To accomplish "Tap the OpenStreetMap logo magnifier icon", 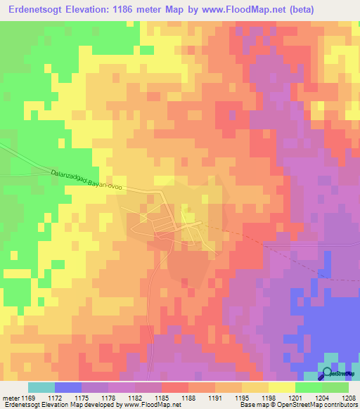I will pyautogui.click(x=327, y=375).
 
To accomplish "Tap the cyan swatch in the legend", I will pyautogui.click(x=41, y=387).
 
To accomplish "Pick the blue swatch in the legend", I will pyautogui.click(x=67, y=387).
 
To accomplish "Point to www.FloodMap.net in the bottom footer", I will pyautogui.click(x=152, y=405).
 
